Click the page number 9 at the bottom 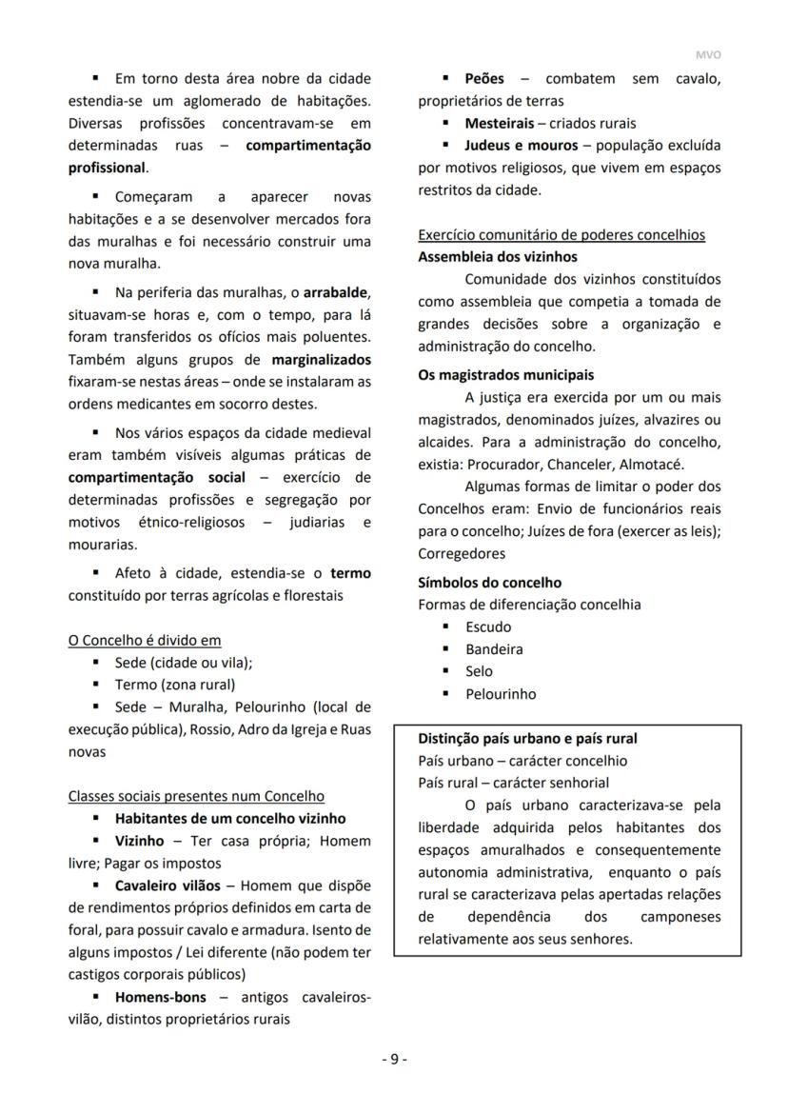(394, 1059)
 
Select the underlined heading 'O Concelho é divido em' (145, 640)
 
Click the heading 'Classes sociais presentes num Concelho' (196, 796)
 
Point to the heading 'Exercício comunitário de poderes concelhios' (561, 235)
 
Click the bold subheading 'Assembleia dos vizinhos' (498, 257)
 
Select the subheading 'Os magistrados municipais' (505, 375)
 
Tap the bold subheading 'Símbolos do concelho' (489, 583)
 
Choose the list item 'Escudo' (488, 627)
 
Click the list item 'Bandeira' (494, 649)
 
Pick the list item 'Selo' (479, 671)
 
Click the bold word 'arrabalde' (335, 291)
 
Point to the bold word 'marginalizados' (321, 360)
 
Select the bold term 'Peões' (484, 78)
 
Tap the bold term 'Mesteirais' (499, 123)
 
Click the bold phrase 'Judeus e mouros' (521, 146)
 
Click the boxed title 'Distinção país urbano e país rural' (527, 739)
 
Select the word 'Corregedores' (462, 553)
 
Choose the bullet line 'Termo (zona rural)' (175, 685)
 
